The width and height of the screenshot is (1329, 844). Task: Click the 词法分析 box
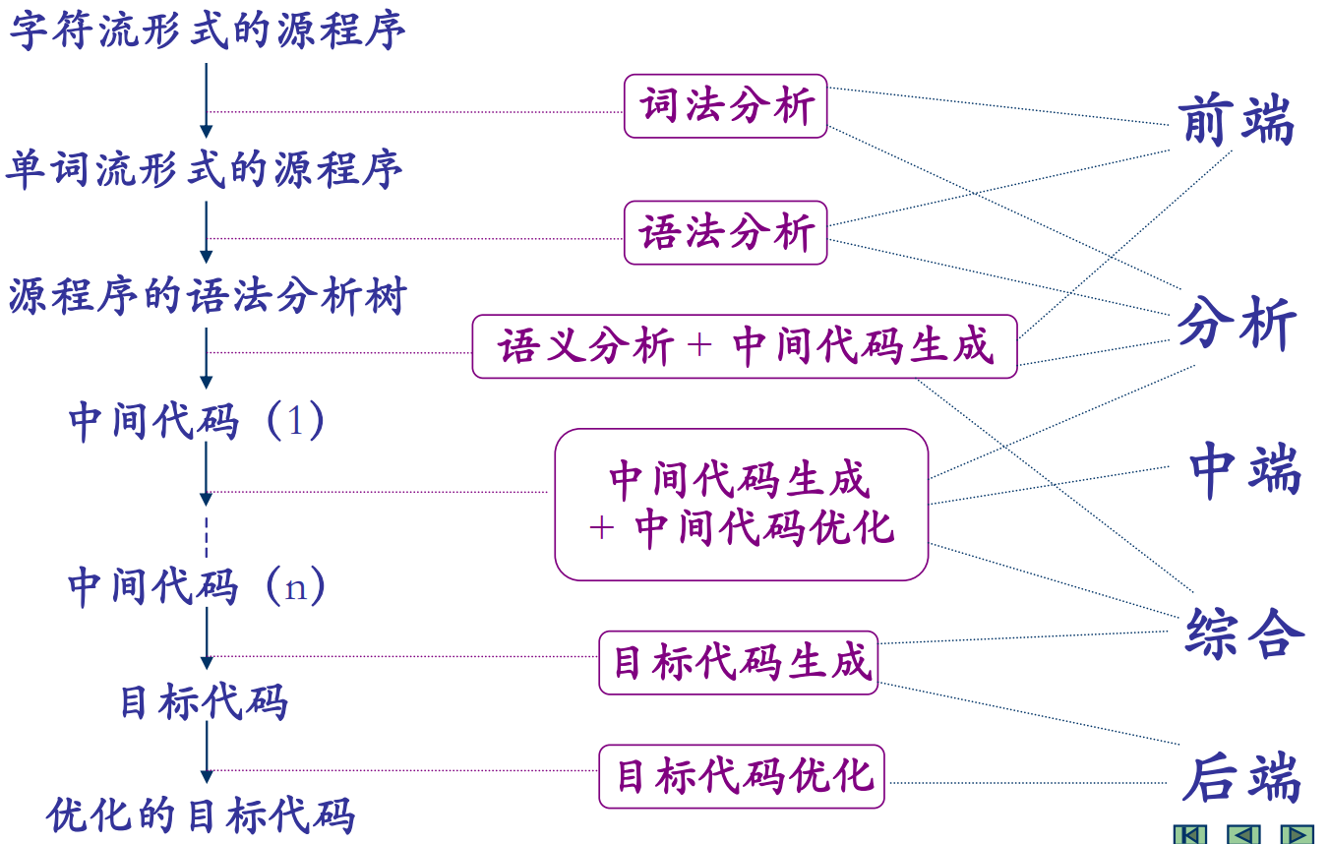(x=726, y=106)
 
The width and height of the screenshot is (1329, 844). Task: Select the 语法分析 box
(x=726, y=233)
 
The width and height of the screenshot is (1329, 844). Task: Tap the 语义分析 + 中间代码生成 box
(x=745, y=346)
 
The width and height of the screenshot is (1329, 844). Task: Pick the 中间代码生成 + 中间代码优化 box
(x=741, y=504)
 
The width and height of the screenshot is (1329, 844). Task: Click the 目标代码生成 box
(x=739, y=662)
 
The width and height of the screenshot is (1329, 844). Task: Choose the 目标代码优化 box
(x=742, y=776)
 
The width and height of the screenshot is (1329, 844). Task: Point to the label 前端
(x=1236, y=122)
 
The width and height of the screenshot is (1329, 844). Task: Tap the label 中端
(x=1244, y=470)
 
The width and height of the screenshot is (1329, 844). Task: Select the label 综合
(x=1244, y=633)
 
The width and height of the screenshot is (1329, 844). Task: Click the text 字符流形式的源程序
(x=208, y=30)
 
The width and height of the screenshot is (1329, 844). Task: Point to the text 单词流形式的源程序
(x=205, y=169)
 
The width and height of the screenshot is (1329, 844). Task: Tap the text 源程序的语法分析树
(x=208, y=295)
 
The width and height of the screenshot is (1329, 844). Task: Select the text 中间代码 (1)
(x=197, y=421)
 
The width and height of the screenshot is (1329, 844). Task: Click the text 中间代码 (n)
(x=197, y=587)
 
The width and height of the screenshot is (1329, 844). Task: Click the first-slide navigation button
(x=1190, y=834)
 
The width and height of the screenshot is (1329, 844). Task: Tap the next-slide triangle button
(x=1297, y=834)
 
